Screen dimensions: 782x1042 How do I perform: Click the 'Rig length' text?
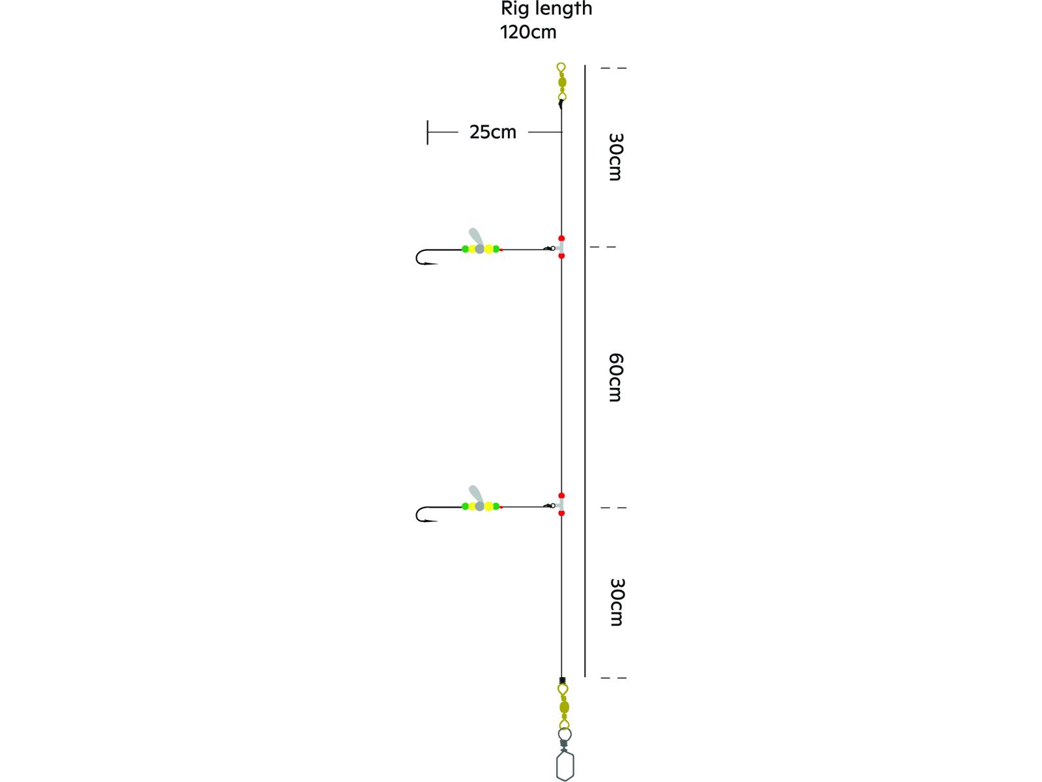[546, 9]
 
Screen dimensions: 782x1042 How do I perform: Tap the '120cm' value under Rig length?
[528, 32]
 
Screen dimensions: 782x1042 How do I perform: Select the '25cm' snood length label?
[492, 132]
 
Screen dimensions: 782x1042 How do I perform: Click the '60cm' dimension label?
[615, 377]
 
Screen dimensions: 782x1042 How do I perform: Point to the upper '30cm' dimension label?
[615, 157]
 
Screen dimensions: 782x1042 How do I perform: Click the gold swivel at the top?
[562, 83]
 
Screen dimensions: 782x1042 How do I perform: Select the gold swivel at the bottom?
[564, 707]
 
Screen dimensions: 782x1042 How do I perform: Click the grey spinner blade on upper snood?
[475, 237]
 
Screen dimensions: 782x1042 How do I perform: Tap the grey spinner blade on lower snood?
[475, 495]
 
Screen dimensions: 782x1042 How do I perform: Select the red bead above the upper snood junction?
[561, 239]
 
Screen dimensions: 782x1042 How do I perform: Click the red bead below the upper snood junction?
[561, 256]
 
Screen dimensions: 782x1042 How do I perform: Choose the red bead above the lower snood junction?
[561, 496]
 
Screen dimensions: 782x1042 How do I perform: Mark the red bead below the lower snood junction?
[561, 514]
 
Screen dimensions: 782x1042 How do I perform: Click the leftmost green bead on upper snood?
[465, 249]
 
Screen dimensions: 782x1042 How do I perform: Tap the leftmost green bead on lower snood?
[465, 506]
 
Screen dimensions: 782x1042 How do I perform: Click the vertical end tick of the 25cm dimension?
[428, 132]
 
